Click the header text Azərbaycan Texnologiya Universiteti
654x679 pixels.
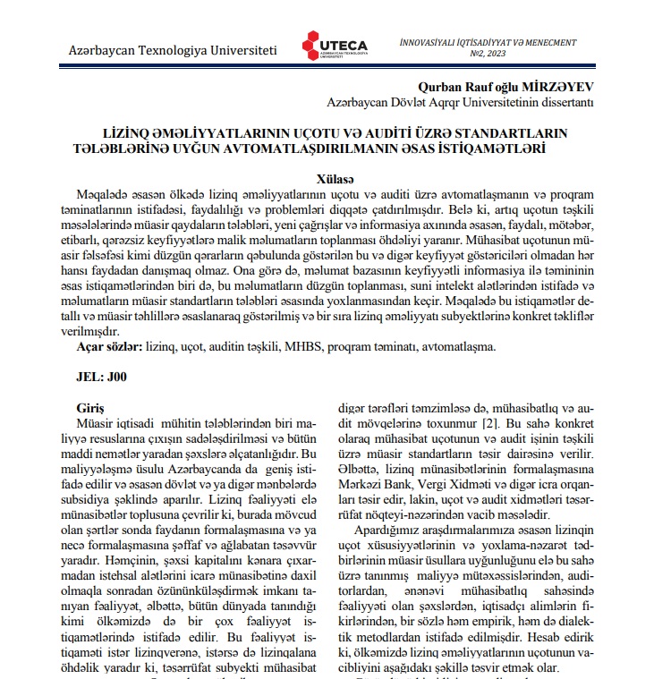(x=173, y=51)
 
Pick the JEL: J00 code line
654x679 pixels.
(x=102, y=377)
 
